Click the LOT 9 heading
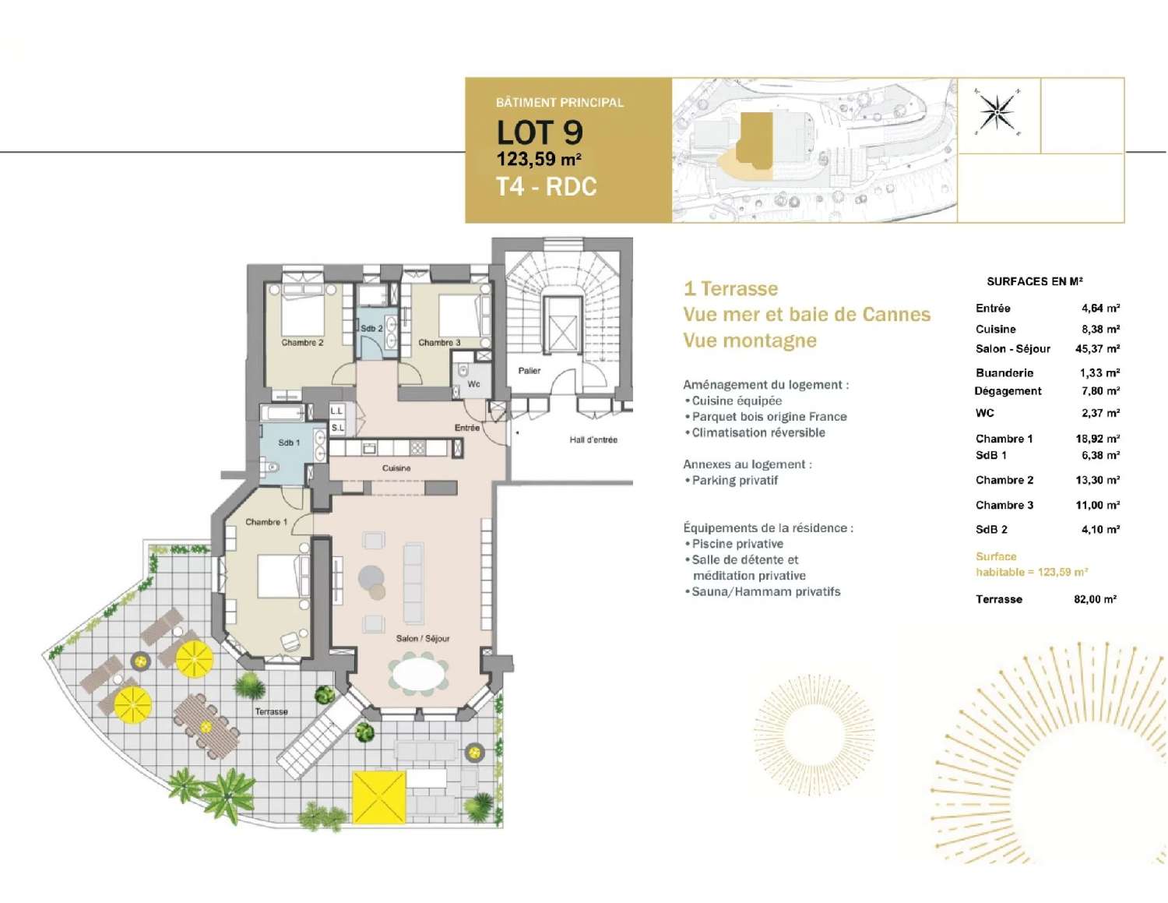pos(540,132)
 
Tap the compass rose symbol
pos(997,113)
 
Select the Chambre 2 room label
pos(302,343)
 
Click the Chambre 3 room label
pos(439,343)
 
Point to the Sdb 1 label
pos(289,443)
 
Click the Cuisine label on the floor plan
pos(396,468)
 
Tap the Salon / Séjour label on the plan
pos(423,638)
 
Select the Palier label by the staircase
pos(529,371)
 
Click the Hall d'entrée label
pos(593,440)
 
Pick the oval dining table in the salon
pos(419,674)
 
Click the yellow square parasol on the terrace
pos(379,797)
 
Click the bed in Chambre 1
pos(280,576)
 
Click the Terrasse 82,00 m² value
pos(1095,599)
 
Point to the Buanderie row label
pos(1004,373)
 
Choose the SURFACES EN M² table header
pos(1034,281)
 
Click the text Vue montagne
pos(750,340)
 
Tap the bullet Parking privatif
pos(734,481)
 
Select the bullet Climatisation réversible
pos(758,433)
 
